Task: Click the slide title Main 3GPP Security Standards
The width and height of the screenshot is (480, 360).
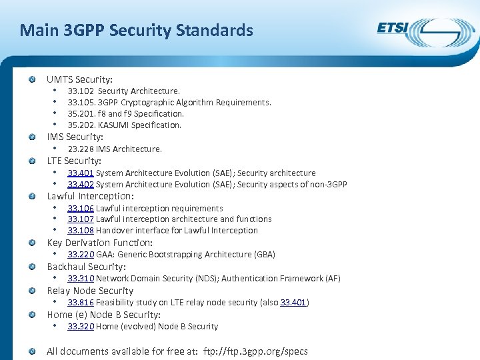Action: coord(136,30)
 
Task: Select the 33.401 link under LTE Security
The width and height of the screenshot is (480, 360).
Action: coord(81,173)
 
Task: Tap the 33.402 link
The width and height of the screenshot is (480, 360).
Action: coord(81,185)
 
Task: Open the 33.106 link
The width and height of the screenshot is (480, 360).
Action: coord(81,209)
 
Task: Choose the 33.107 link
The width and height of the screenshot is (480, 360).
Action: coord(81,219)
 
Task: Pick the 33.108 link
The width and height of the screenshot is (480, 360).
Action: coord(81,231)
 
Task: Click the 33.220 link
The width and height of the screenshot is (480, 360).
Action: coord(81,255)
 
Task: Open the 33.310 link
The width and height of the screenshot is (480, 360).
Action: coord(81,279)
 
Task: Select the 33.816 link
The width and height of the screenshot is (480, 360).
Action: coord(81,303)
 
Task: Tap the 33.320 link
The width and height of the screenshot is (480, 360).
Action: coord(81,327)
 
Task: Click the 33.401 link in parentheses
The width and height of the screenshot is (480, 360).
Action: coord(293,303)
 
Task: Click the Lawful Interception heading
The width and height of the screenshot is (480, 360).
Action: coord(90,196)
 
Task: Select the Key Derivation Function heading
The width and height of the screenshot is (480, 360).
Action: coord(99,243)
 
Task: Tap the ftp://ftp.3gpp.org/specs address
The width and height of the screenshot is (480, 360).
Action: coord(255,351)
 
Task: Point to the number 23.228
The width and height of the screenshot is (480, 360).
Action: coord(81,149)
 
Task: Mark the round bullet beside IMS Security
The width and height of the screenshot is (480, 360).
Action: coord(32,137)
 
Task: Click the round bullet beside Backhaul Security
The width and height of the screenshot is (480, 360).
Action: coord(32,267)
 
